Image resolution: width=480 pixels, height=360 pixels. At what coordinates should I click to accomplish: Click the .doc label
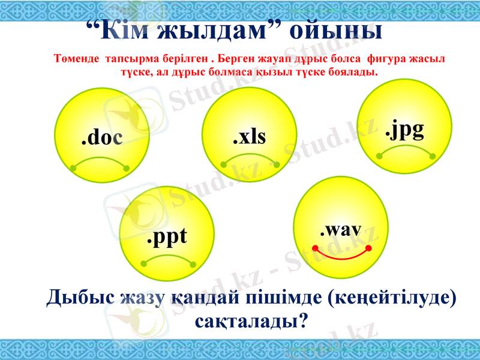click(x=101, y=138)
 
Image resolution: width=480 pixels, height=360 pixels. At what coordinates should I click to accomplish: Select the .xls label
click(x=249, y=137)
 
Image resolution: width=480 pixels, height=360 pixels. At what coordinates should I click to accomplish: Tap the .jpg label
click(x=404, y=130)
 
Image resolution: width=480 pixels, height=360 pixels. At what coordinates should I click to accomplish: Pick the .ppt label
click(x=167, y=237)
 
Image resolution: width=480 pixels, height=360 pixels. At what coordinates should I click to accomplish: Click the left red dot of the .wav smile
click(x=315, y=247)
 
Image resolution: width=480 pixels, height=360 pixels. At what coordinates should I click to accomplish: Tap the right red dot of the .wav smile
click(x=368, y=247)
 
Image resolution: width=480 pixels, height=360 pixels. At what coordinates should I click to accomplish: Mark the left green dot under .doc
click(x=73, y=169)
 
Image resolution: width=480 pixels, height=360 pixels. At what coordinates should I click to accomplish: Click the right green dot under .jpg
click(x=433, y=156)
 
